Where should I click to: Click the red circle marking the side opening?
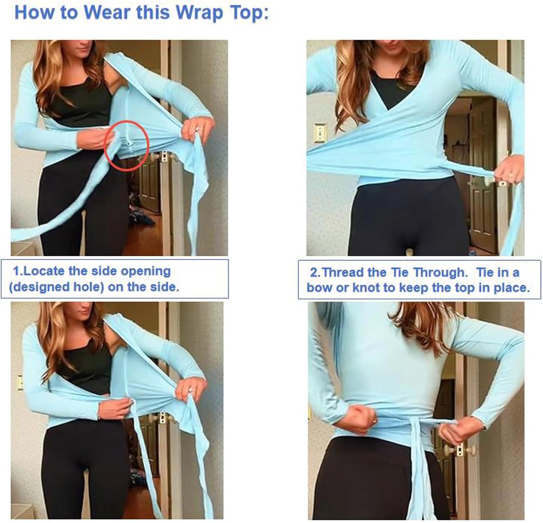(127, 144)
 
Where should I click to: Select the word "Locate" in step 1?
(46, 271)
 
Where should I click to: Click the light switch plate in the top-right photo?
(320, 133)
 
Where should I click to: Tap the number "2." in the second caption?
(315, 272)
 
